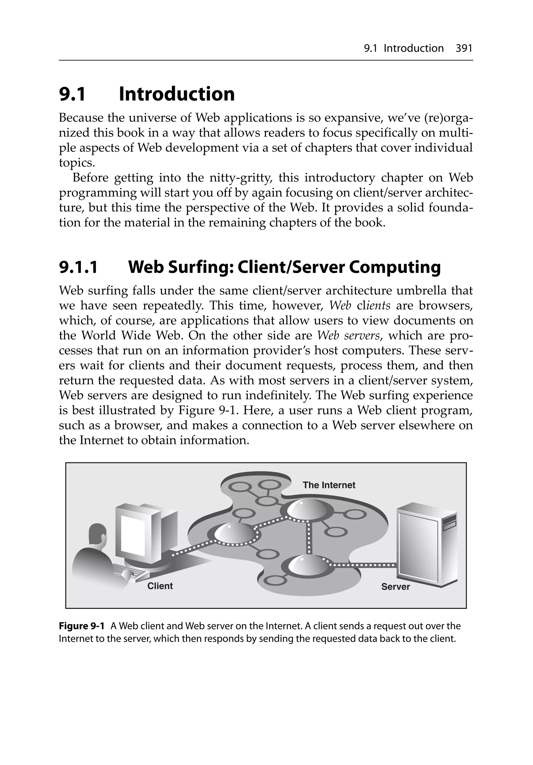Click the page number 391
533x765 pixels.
click(464, 49)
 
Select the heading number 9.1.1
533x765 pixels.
click(79, 267)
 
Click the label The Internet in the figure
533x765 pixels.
click(329, 485)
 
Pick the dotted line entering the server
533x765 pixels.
click(363, 565)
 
